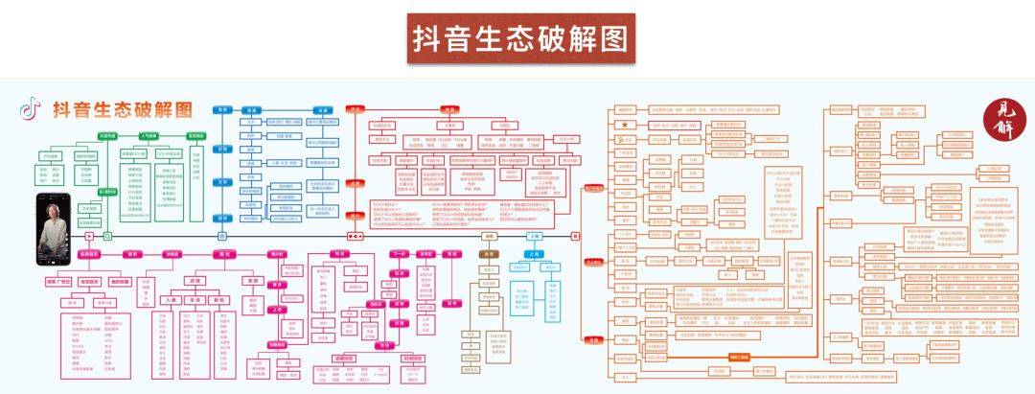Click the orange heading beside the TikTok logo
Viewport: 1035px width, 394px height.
122,108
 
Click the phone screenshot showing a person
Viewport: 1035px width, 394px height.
56,227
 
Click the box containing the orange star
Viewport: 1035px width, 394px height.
625,125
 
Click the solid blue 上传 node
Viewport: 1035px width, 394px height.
532,254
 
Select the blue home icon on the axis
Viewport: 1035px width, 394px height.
89,234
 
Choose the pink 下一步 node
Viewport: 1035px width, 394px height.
399,254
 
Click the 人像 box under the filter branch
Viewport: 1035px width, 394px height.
172,299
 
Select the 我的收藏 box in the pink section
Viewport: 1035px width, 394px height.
119,282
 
